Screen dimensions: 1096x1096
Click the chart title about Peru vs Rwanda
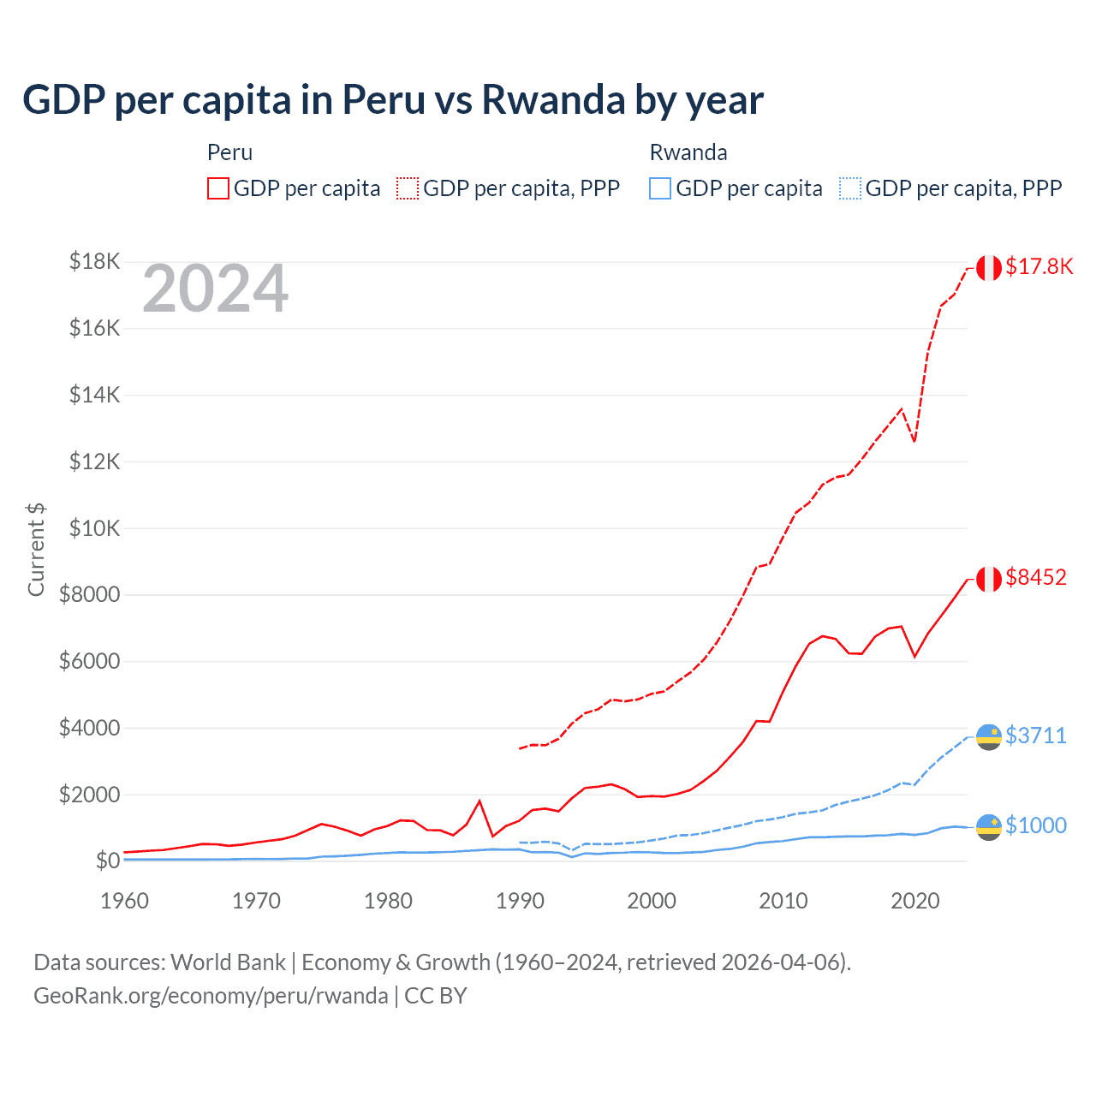tap(392, 100)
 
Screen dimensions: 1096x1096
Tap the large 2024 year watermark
tap(215, 289)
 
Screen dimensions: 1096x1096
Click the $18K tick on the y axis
tap(94, 261)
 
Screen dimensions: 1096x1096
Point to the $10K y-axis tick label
tap(94, 527)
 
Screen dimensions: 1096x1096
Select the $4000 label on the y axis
tap(89, 728)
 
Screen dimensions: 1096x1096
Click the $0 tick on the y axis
tap(107, 861)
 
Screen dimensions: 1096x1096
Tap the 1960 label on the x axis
tap(125, 901)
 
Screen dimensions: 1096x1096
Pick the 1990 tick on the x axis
tap(521, 901)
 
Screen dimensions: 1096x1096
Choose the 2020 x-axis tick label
tap(915, 901)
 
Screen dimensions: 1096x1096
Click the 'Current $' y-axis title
tap(36, 549)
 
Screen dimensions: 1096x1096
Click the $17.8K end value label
tap(1039, 266)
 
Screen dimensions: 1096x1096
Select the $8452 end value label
tap(1036, 577)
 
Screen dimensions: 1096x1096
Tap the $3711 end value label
tap(1036, 736)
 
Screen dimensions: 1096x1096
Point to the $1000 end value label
tap(1036, 825)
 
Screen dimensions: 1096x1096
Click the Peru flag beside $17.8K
tap(989, 268)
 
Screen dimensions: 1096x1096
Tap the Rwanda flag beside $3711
tap(989, 736)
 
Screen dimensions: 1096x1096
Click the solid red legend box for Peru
tap(218, 188)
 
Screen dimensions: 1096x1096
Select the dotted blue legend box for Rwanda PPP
tap(850, 188)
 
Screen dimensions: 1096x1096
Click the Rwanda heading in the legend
tap(688, 152)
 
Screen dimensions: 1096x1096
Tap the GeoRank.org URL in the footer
tap(211, 996)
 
